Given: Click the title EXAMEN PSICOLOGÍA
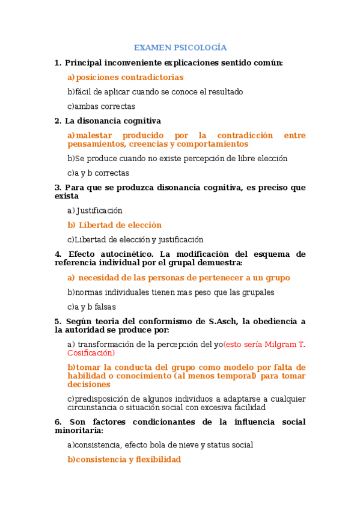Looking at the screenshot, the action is click(x=180, y=48).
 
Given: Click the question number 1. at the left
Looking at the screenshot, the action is click(x=58, y=63).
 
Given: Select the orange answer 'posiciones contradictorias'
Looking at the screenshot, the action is click(x=130, y=78).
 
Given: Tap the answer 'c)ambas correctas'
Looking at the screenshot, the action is click(x=101, y=106).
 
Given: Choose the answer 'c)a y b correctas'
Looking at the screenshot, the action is click(x=98, y=173).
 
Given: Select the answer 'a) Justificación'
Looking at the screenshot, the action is click(x=95, y=210).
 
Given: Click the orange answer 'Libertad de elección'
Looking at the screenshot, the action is click(x=120, y=225).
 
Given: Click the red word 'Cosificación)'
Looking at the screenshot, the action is click(x=91, y=353).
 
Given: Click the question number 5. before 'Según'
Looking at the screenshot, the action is click(x=58, y=321).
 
